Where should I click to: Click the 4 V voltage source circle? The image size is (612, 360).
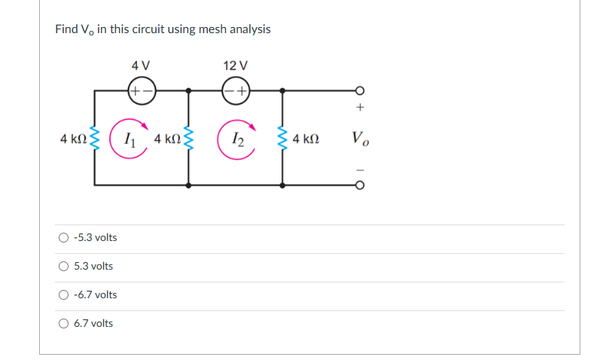click(x=142, y=90)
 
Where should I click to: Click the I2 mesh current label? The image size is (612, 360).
click(x=236, y=139)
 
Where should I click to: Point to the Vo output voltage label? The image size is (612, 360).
click(x=360, y=139)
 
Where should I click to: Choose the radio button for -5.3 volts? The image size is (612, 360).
click(x=63, y=238)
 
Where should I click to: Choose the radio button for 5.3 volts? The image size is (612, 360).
click(x=63, y=267)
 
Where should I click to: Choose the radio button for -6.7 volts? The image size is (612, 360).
click(x=63, y=295)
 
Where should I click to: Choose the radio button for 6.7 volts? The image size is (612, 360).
click(x=63, y=324)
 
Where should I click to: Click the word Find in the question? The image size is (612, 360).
click(x=65, y=29)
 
